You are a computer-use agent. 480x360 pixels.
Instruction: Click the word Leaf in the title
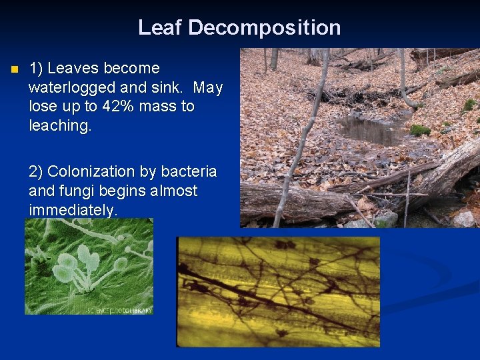tap(160, 27)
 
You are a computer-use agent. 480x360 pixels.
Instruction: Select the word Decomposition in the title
tap(265, 27)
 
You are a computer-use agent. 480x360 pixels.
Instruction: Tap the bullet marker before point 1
tap(12, 69)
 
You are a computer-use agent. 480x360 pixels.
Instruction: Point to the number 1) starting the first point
tap(37, 68)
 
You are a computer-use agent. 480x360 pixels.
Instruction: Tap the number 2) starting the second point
tap(37, 171)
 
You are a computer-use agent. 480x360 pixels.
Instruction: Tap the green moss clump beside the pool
tap(420, 130)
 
